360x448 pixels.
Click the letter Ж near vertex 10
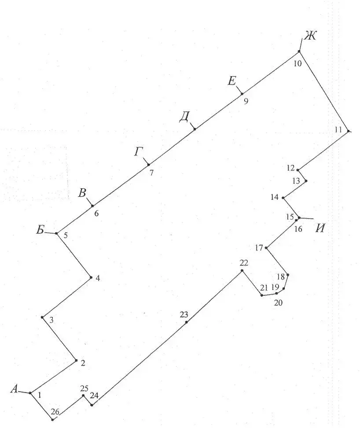(310, 36)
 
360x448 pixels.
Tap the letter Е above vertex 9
(232, 81)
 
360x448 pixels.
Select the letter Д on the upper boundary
(184, 117)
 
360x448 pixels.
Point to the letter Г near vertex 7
(139, 152)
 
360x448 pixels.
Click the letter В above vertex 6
(82, 193)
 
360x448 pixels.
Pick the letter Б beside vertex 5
(40, 230)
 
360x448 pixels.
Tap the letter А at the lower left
(15, 389)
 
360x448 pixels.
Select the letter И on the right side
(320, 228)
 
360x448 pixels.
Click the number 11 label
(338, 130)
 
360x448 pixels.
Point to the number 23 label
(184, 315)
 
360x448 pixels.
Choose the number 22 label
(244, 263)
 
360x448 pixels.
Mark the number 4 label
(98, 278)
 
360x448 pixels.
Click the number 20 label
(278, 303)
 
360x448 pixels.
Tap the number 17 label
(259, 248)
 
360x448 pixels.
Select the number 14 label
(274, 197)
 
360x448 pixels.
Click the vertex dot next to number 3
(42, 317)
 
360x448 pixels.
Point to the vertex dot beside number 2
(76, 360)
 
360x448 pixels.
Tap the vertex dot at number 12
(298, 170)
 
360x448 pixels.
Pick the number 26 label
(55, 412)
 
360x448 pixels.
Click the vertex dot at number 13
(306, 181)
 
